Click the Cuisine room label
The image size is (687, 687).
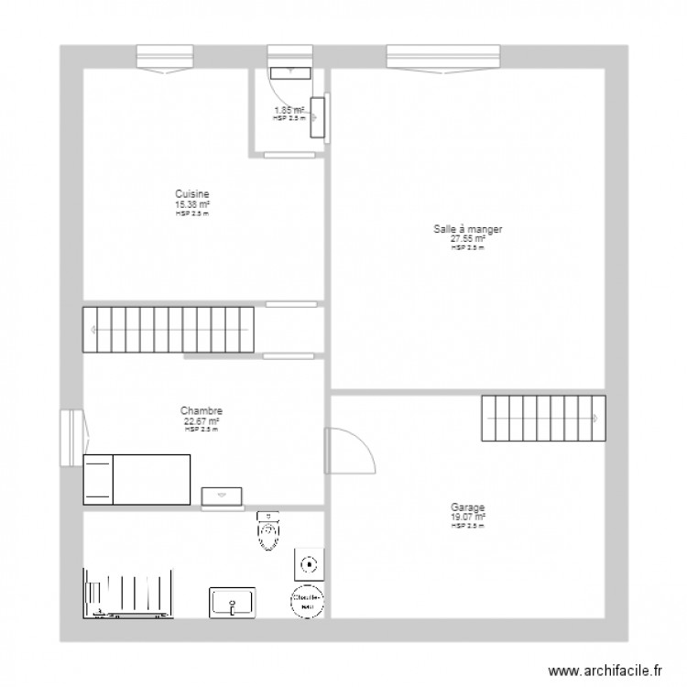192,194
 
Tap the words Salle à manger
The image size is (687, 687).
468,230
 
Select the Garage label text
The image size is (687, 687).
467,507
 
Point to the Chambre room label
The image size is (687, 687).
202,411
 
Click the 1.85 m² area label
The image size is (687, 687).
289,111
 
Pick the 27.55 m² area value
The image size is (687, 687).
467,239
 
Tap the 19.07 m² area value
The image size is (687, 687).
467,517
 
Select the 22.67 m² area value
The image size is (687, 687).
202,421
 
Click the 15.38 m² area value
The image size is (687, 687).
192,204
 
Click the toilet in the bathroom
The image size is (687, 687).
267,531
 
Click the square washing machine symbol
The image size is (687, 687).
309,564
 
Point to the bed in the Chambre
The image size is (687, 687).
136,479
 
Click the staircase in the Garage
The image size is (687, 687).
544,418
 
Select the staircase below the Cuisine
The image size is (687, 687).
168,330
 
